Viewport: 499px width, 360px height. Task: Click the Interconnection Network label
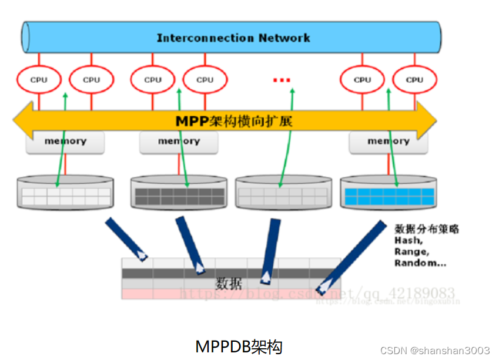233,38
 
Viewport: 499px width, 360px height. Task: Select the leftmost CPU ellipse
39,79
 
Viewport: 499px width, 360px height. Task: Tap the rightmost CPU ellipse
414,79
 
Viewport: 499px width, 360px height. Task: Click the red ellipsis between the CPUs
282,80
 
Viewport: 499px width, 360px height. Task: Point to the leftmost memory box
65,142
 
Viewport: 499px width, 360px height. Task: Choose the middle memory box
179,142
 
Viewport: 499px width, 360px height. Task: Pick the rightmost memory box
388,142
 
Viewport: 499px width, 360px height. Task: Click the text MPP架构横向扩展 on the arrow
233,121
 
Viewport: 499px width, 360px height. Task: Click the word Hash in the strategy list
408,240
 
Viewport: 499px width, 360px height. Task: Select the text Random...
416,263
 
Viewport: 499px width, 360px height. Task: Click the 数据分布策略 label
427,229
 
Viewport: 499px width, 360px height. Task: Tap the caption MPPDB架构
239,346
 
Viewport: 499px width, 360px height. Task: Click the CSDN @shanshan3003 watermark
435,350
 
